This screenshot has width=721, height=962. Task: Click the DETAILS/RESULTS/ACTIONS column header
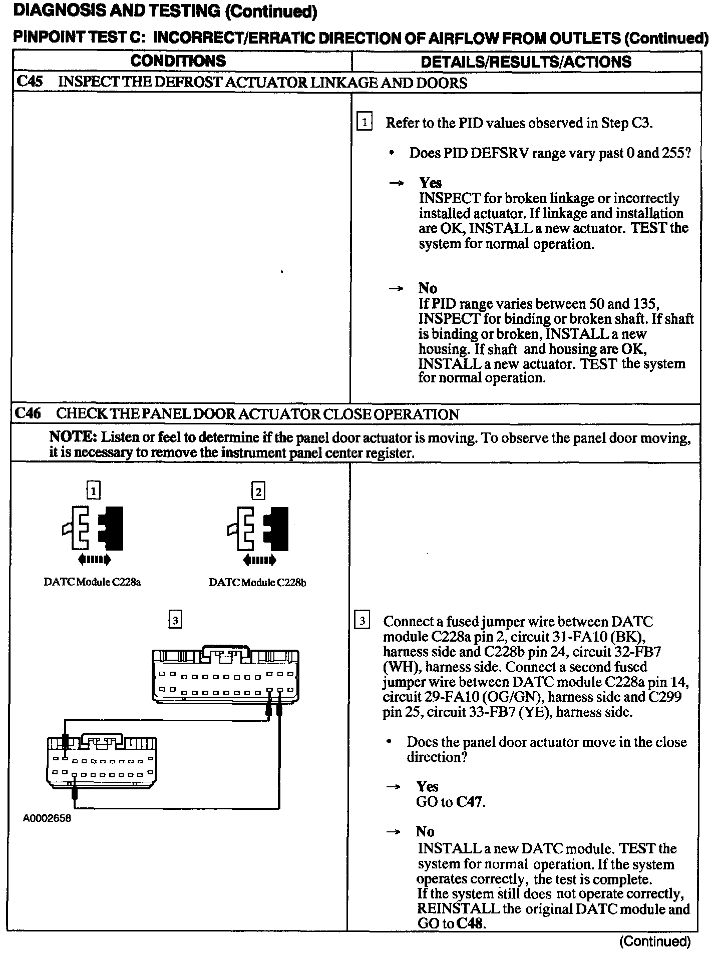coord(526,62)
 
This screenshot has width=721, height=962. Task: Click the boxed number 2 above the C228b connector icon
coord(258,492)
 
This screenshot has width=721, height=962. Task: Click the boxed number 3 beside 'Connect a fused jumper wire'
coord(362,621)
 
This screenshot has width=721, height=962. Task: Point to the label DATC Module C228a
coord(92,582)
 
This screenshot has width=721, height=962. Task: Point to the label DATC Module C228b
coord(257,583)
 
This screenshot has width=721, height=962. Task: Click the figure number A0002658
coord(47,818)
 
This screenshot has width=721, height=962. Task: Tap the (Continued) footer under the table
coord(655,941)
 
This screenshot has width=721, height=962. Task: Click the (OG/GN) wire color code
coord(506,697)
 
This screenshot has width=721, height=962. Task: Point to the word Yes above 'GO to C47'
coord(427,786)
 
